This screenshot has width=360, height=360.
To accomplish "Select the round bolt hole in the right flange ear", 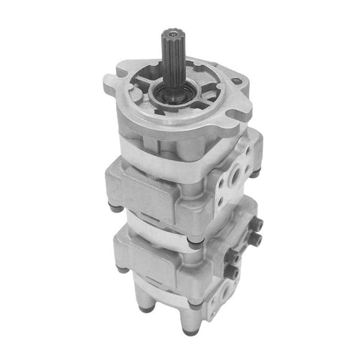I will [x=237, y=81].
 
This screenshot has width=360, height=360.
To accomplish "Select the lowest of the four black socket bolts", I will [x=232, y=272].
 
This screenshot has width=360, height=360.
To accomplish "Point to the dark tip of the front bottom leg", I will [x=189, y=332].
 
